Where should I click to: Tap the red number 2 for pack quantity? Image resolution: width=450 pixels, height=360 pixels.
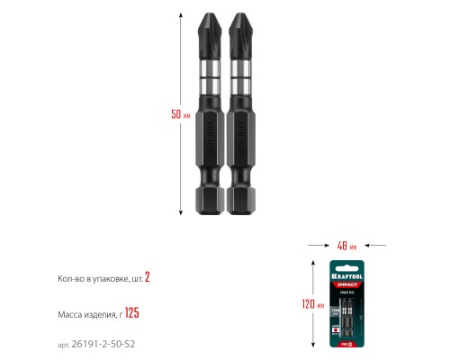pyautogui.click(x=148, y=279)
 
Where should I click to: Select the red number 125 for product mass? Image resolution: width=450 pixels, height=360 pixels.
pyautogui.click(x=131, y=314)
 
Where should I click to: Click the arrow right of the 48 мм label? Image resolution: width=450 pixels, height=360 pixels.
pyautogui.click(x=378, y=245)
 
